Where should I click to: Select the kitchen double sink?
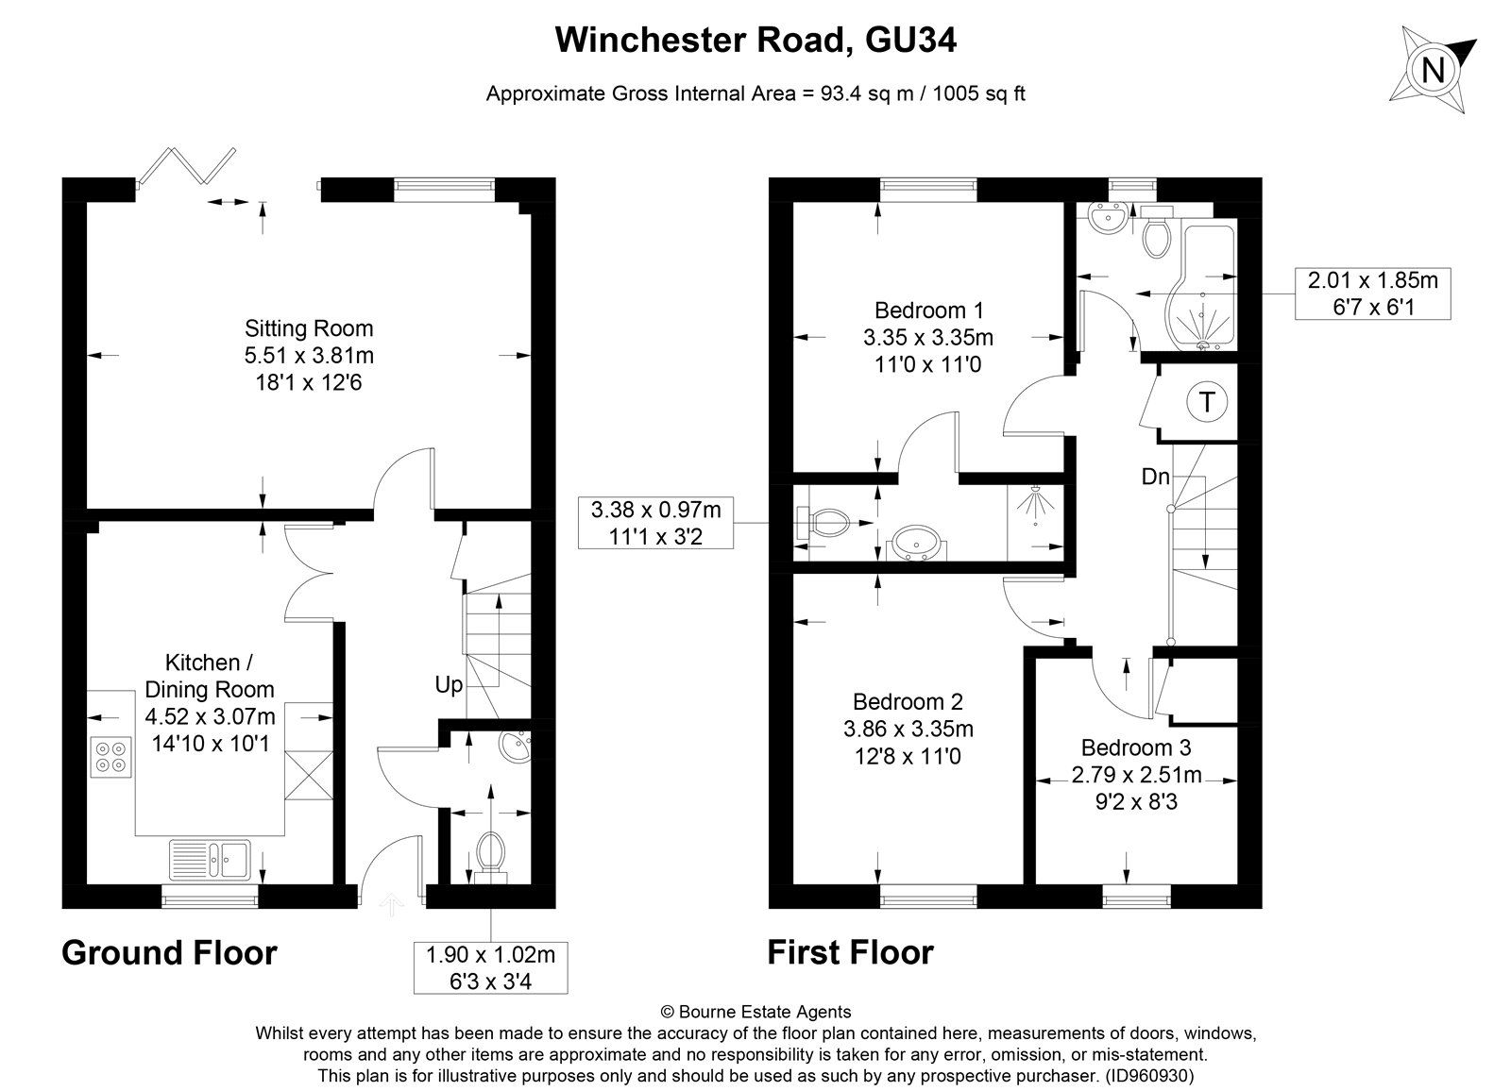pyautogui.click(x=209, y=859)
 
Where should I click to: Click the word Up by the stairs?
pyautogui.click(x=449, y=684)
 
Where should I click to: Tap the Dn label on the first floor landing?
pyautogui.click(x=1155, y=477)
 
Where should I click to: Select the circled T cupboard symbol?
pyautogui.click(x=1206, y=403)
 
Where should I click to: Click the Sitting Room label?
pyautogui.click(x=309, y=328)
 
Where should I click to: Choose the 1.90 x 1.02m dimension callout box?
pyautogui.click(x=490, y=967)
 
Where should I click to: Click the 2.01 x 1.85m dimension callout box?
pyautogui.click(x=1372, y=294)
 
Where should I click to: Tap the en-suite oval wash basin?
pyautogui.click(x=915, y=544)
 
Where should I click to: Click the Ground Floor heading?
pyautogui.click(x=169, y=953)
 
